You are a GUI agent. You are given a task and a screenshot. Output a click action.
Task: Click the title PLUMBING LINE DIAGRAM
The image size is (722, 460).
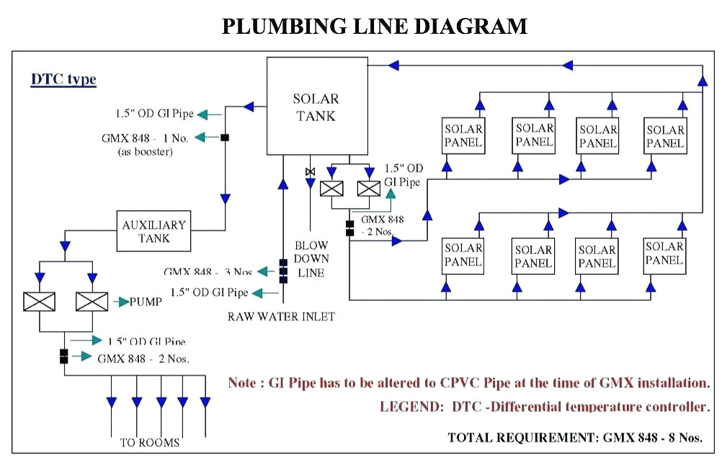pos(374,26)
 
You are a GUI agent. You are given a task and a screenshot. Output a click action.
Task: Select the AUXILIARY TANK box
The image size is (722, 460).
pos(154,230)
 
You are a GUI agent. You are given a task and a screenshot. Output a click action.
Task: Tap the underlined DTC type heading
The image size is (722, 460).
pos(63,79)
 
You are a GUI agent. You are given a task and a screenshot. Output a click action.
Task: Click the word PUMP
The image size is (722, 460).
pos(146,302)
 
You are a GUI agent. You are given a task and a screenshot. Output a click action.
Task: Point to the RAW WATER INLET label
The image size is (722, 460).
pos(282,316)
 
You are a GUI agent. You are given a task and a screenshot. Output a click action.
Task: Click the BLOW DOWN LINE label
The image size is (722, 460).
pos(311,258)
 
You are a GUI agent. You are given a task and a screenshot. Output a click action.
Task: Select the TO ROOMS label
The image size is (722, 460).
pos(150,442)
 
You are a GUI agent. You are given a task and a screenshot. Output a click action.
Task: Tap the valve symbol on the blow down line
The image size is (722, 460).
pos(310,171)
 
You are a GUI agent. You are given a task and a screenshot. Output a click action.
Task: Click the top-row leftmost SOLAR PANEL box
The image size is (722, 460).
pos(463,136)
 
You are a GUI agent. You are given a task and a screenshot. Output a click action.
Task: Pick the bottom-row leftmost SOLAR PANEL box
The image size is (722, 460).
pos(463,255)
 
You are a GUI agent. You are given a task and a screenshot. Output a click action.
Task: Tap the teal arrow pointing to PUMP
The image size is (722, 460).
pos(120,302)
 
